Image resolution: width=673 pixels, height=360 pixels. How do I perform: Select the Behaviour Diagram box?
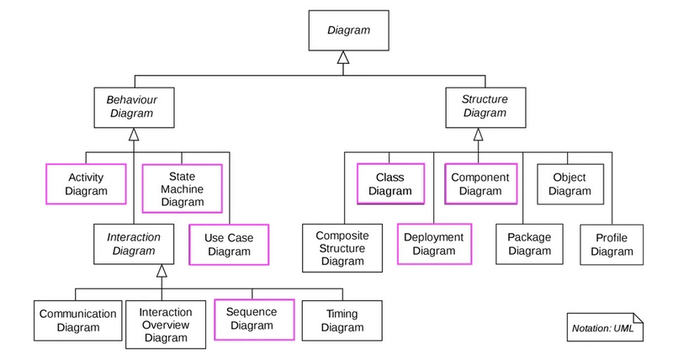click(x=132, y=106)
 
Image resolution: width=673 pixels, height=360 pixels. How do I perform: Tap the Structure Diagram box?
click(x=485, y=106)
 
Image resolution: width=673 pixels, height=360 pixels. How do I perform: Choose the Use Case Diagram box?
click(x=229, y=244)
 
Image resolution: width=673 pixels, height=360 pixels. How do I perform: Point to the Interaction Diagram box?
click(x=133, y=244)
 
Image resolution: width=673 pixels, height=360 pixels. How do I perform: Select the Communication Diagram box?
click(x=78, y=320)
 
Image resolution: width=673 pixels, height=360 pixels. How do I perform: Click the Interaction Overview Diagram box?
click(x=166, y=325)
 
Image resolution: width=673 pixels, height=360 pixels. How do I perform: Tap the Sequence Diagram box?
click(x=252, y=320)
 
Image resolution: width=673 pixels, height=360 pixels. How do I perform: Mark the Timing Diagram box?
click(x=342, y=320)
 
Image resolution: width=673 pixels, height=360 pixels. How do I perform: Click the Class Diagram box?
click(x=390, y=184)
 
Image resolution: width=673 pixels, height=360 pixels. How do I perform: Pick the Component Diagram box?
click(x=480, y=184)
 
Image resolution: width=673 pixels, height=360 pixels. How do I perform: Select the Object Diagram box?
click(x=570, y=184)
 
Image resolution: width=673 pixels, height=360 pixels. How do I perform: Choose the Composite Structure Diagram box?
click(x=342, y=250)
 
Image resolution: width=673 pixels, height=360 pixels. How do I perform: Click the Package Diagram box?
click(x=529, y=244)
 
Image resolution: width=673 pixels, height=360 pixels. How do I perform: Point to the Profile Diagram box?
click(x=612, y=244)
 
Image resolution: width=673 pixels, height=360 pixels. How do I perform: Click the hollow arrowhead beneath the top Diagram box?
click(x=342, y=58)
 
